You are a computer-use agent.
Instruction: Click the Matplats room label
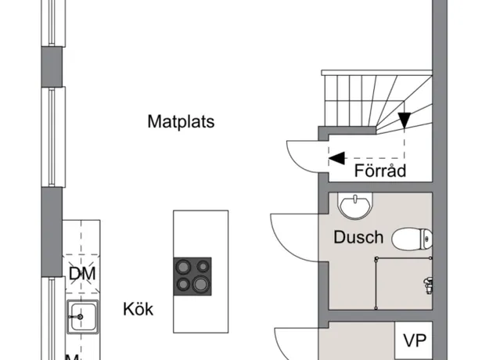coord(181,122)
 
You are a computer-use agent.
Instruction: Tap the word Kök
coord(138,309)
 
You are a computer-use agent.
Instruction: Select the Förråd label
coord(380,171)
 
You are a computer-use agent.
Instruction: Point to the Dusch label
coord(358,236)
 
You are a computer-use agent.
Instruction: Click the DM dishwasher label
coord(81,274)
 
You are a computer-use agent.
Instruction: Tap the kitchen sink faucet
coord(74,318)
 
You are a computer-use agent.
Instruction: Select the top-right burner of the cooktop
coord(202,266)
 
